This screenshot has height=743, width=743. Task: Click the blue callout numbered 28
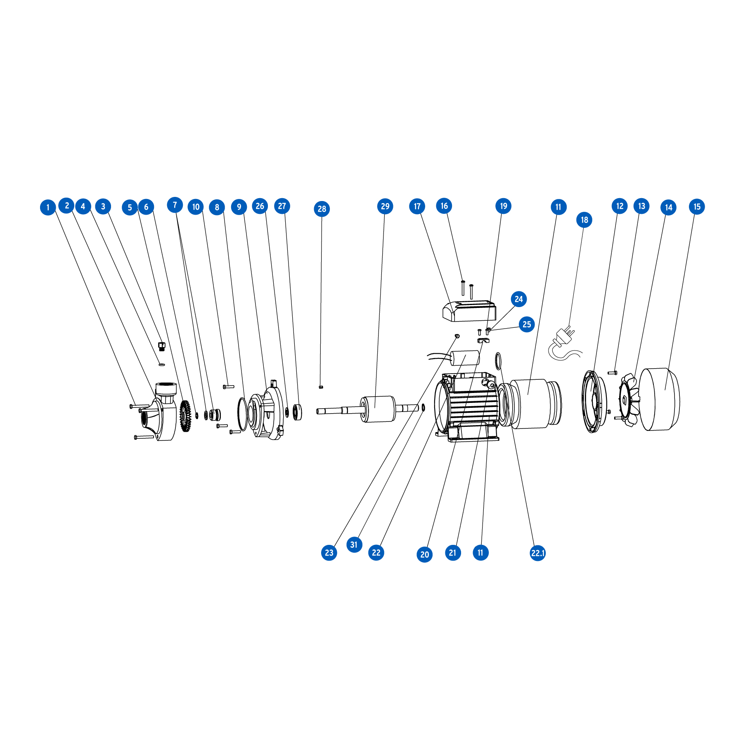322,209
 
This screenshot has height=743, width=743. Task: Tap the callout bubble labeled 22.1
538,553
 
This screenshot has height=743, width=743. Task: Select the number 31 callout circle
354,544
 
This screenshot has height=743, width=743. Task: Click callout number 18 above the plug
584,220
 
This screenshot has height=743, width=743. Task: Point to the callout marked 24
519,299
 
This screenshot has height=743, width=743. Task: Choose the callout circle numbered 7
175,205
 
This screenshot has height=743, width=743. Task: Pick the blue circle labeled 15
697,207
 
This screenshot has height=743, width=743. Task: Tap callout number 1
48,207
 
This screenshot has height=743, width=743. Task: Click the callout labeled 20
425,554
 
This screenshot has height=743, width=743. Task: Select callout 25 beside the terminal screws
527,324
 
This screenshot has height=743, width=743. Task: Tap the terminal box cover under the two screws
469,311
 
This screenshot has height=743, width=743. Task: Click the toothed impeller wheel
186,416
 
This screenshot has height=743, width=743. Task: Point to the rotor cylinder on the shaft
378,409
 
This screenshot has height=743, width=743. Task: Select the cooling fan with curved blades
629,400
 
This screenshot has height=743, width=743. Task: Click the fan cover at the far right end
660,399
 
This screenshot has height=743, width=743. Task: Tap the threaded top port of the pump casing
166,388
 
